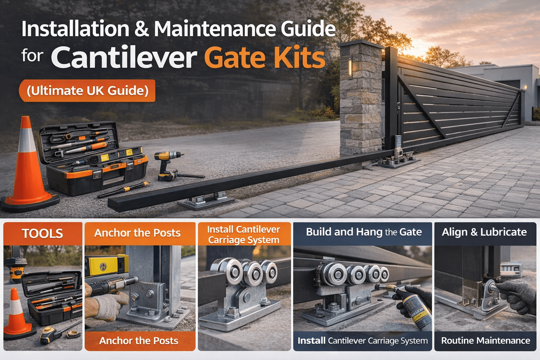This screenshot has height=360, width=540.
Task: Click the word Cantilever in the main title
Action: [124, 57]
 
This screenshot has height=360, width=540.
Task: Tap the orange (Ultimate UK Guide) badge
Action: [87, 91]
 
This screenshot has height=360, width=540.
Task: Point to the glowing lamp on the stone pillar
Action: [350, 68]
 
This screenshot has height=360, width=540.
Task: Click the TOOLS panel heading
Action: [43, 233]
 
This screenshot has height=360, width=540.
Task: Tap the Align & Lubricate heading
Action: [484, 232]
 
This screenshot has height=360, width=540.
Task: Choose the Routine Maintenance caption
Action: [486, 340]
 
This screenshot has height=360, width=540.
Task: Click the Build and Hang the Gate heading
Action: [364, 232]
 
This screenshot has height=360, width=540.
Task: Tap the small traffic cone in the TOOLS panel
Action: [17, 314]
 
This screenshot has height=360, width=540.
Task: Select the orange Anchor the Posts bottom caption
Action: [139, 341]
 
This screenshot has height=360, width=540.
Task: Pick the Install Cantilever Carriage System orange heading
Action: [244, 234]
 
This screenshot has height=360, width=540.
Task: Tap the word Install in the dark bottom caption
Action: [311, 340]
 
